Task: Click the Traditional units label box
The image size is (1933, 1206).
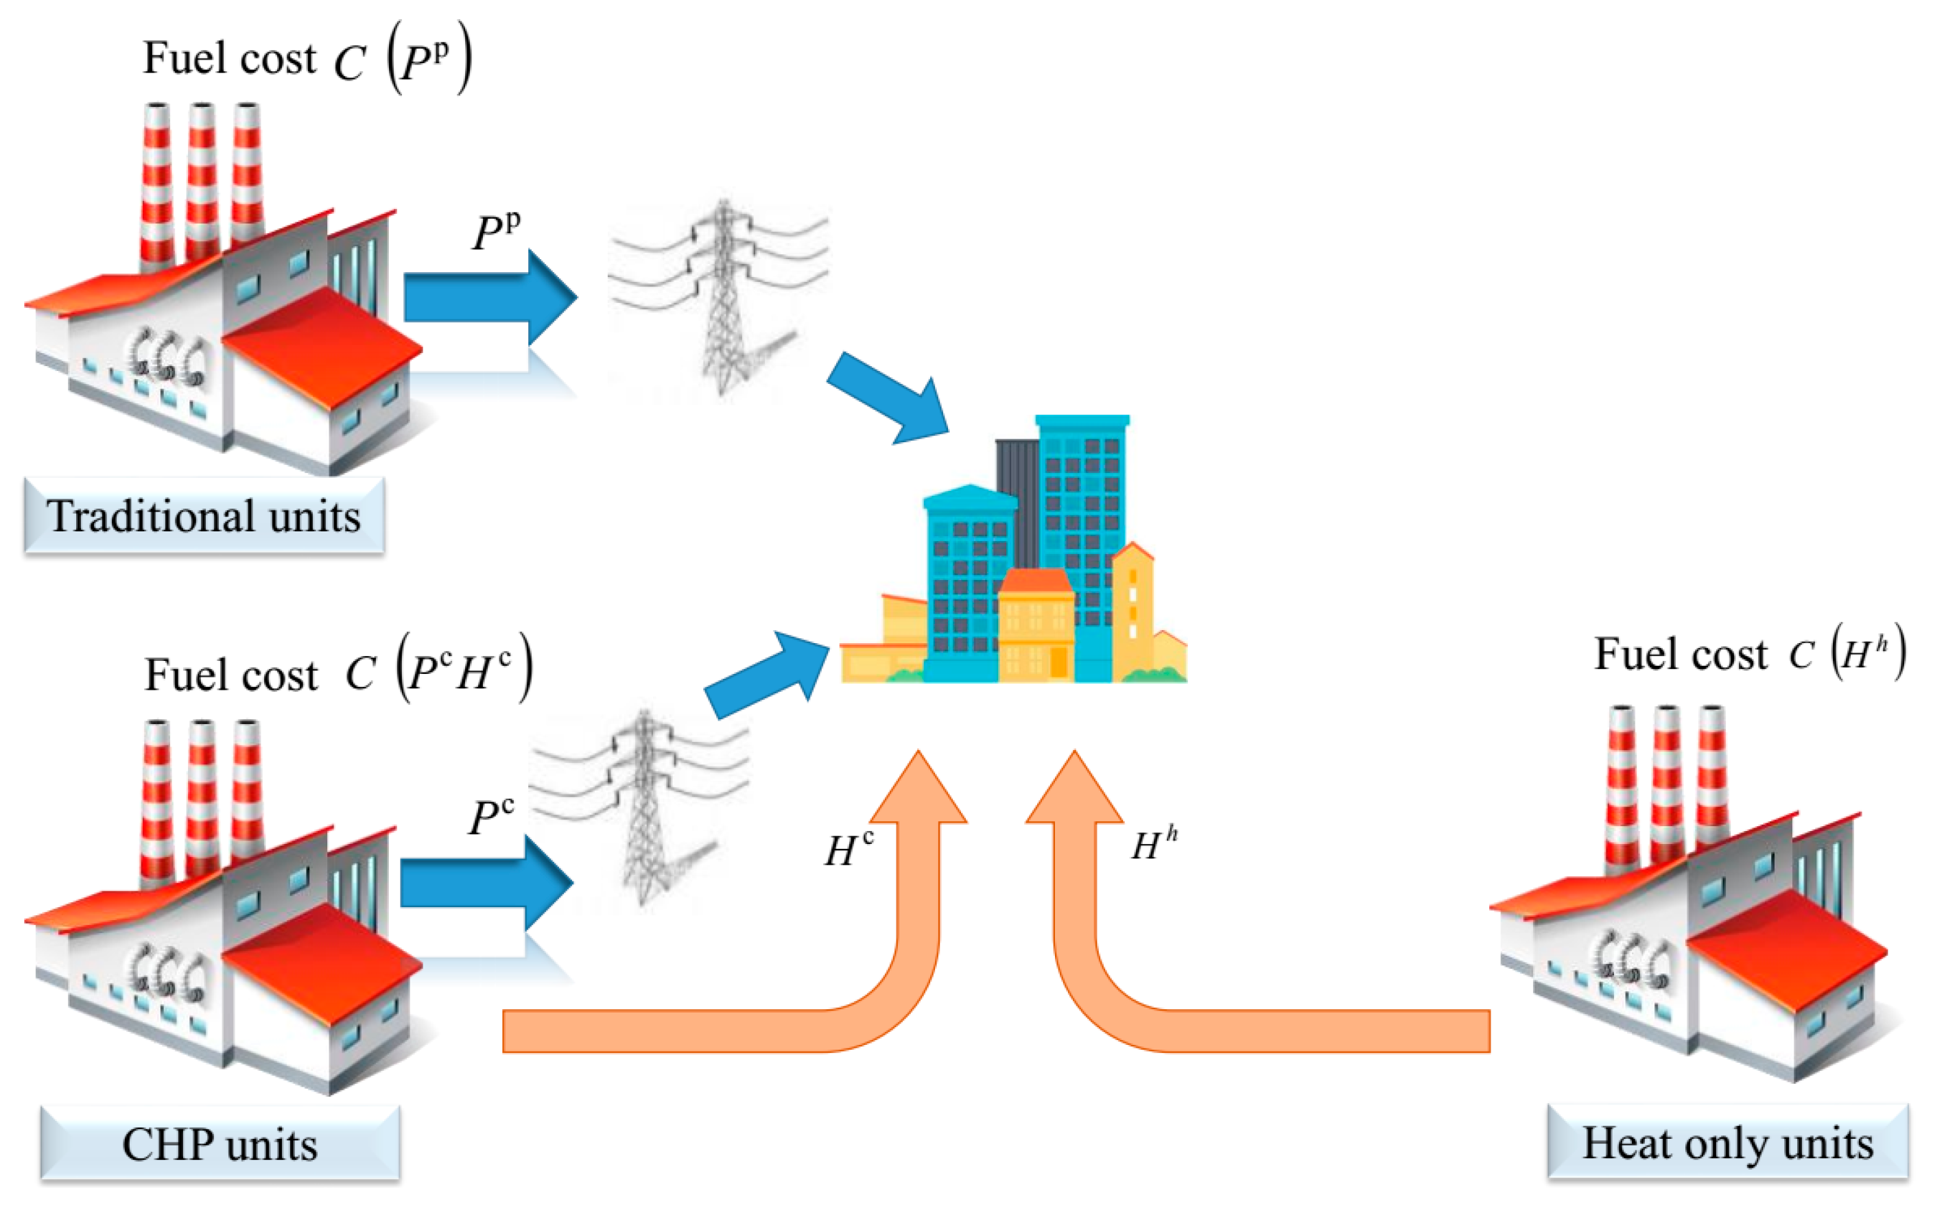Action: tap(204, 516)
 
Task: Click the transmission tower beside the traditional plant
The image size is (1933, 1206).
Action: tap(723, 299)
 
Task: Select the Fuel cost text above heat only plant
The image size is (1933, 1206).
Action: tap(1680, 654)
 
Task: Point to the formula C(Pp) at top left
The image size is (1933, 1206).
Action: tap(403, 60)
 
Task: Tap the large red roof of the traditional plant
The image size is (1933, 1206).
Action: tap(323, 347)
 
